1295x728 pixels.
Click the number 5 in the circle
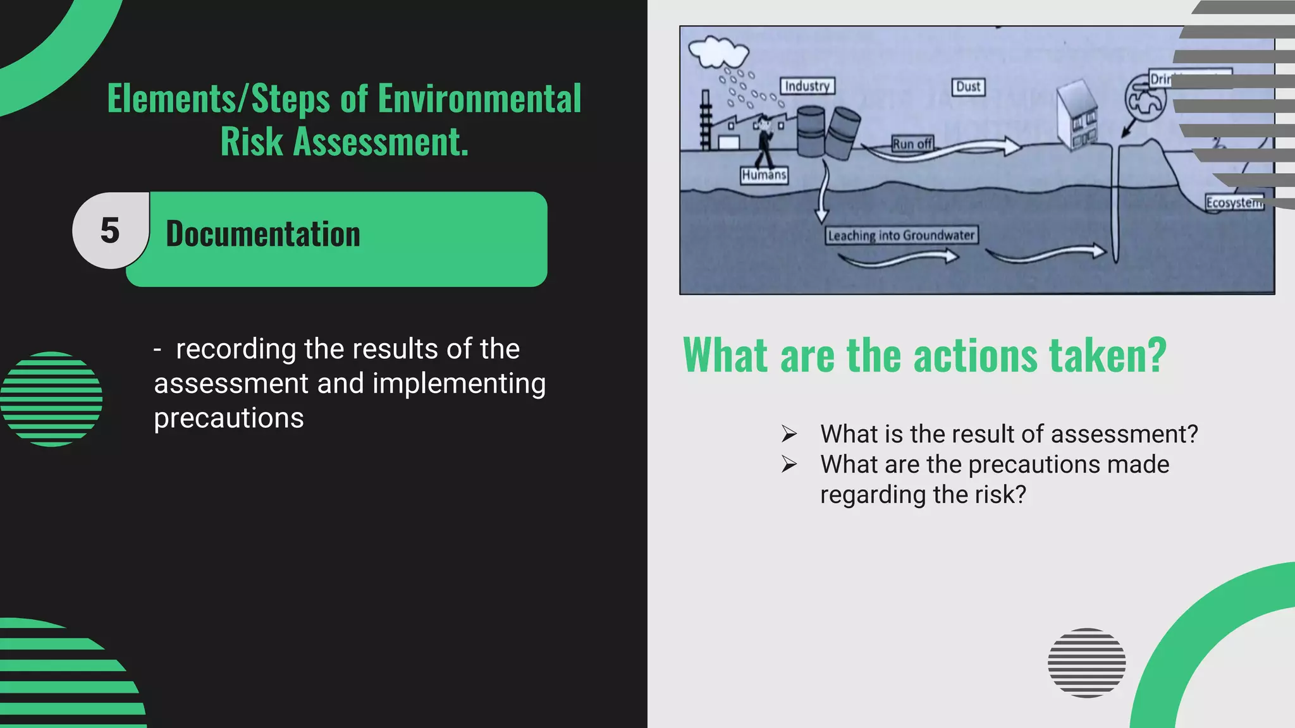[110, 231]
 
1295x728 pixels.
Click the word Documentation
[262, 234]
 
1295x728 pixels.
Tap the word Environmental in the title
[479, 99]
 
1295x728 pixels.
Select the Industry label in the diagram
[807, 86]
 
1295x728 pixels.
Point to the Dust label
[968, 87]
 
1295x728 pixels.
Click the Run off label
[912, 144]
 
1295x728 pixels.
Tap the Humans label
[764, 175]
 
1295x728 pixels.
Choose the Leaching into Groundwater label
[901, 236]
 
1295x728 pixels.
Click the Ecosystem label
[1234, 203]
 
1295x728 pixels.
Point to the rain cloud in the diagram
[718, 51]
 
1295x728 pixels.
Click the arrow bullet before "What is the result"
[789, 434]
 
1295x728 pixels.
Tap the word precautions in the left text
[229, 418]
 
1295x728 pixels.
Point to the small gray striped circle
[1086, 662]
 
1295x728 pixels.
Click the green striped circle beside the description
[51, 399]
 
